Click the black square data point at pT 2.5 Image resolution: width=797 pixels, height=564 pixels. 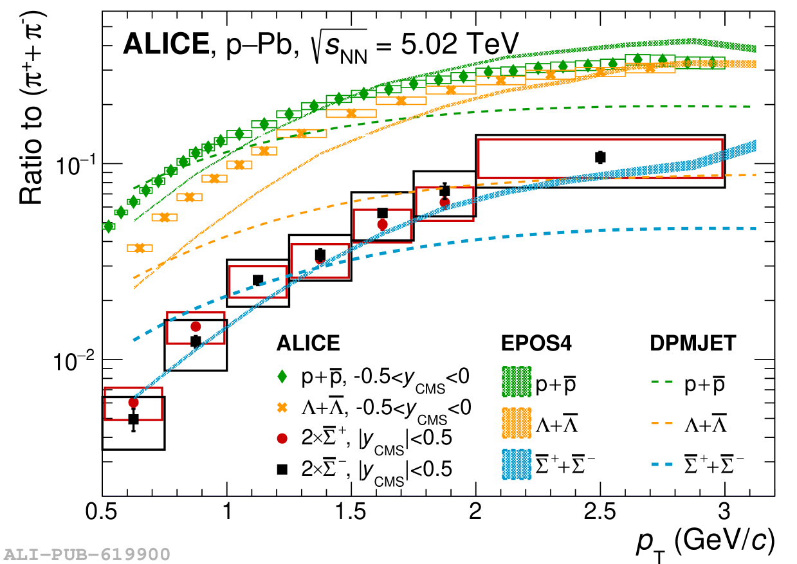(600, 157)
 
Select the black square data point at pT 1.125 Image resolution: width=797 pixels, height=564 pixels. (258, 280)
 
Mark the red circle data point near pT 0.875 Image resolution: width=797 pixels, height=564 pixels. (196, 327)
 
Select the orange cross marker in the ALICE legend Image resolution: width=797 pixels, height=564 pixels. (282, 407)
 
